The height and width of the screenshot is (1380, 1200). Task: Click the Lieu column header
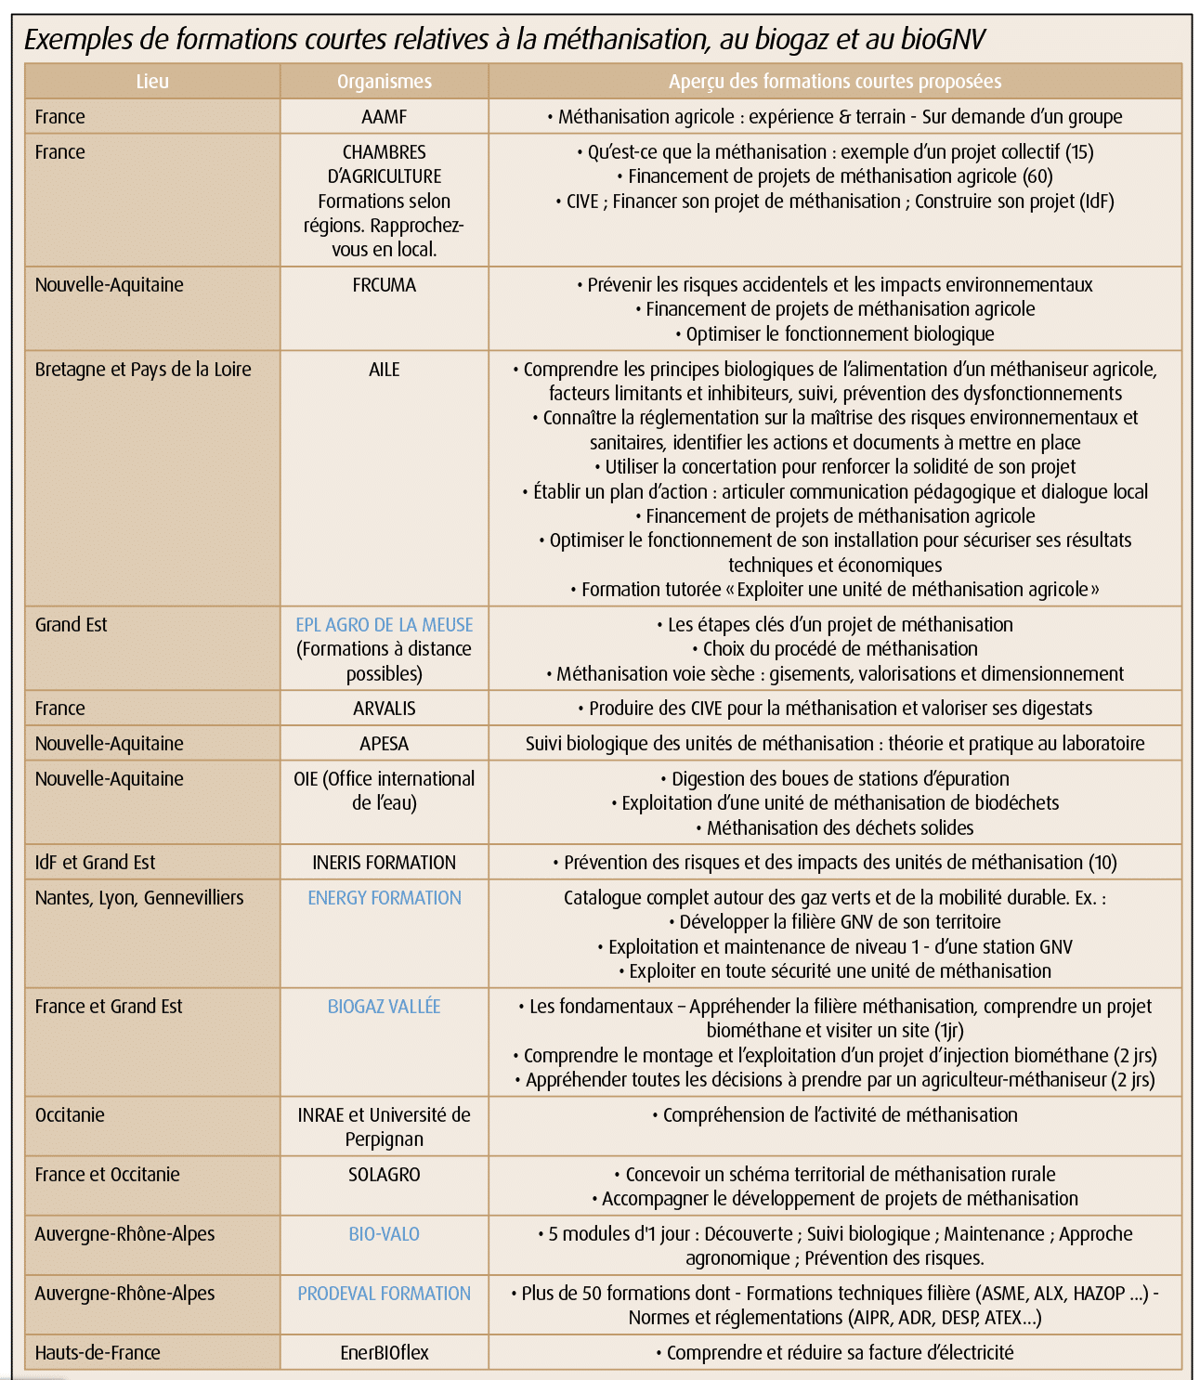coord(152,82)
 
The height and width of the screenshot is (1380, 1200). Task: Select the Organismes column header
coord(384,82)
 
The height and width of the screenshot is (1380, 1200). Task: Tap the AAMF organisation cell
coord(384,117)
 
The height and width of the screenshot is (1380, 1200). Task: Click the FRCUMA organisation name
coord(384,285)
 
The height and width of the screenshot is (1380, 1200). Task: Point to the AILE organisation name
coord(384,370)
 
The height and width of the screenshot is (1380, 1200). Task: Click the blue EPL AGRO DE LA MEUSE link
coord(384,625)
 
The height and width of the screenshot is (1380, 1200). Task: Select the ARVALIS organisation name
coord(384,709)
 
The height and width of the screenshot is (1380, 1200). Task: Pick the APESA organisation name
coord(384,744)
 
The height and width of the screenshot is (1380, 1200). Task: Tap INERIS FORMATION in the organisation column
coord(384,863)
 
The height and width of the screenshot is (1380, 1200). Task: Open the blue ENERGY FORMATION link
coord(384,898)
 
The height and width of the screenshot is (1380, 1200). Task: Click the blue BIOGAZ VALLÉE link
coord(384,1007)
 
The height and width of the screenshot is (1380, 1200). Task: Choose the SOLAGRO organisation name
coord(384,1175)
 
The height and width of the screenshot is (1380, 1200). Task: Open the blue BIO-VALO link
coord(384,1234)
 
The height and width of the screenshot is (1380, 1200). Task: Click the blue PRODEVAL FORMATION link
coord(384,1294)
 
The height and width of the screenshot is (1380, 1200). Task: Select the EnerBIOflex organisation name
coord(384,1353)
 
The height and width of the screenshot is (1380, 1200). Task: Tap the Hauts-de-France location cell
coord(98,1353)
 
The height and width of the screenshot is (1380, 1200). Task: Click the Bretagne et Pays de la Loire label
coord(143,370)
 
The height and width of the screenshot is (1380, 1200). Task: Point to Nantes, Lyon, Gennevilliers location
coord(139,898)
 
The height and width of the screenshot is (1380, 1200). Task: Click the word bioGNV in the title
coord(942,40)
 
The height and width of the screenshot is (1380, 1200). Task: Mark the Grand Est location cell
coord(72,625)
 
